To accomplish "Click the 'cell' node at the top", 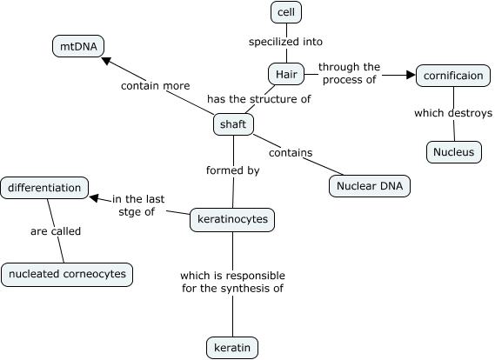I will tap(284, 12).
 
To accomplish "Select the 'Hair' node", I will tap(286, 75).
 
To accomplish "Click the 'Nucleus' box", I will tap(453, 152).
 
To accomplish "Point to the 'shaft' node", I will tap(233, 124).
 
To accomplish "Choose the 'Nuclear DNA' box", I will tap(369, 186).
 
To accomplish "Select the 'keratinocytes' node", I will tap(232, 221).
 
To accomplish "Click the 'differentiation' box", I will tap(44, 187).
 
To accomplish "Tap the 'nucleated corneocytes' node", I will tap(66, 274).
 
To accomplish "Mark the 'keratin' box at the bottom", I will tap(232, 349).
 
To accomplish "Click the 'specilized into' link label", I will tap(285, 42).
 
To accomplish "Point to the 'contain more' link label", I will tap(155, 86).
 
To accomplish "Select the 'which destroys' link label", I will tap(453, 113).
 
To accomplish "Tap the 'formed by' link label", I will tap(232, 170).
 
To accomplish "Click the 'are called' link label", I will tap(56, 231).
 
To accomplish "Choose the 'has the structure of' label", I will tap(258, 99).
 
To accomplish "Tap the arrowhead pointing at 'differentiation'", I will tap(95, 197).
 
